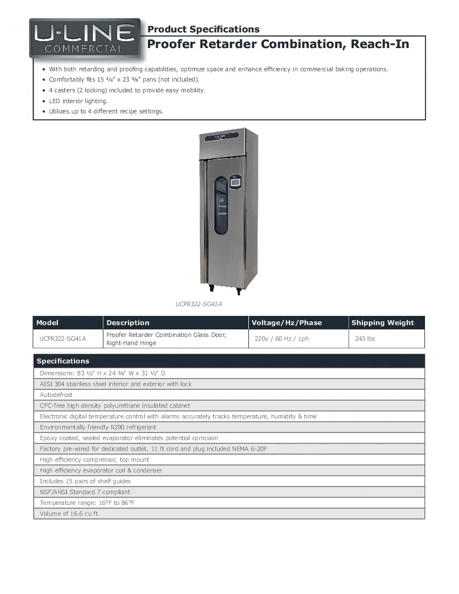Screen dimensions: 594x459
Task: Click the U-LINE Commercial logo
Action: point(85,39)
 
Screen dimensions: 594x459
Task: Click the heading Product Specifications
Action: point(203,29)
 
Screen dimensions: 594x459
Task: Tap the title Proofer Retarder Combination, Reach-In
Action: point(278,44)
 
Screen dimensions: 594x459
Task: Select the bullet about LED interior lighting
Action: point(78,101)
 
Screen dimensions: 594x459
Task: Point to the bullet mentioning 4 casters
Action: point(127,90)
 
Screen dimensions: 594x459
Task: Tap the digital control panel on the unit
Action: point(235,183)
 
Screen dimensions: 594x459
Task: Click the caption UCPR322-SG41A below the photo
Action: point(198,304)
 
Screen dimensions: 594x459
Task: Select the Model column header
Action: point(48,323)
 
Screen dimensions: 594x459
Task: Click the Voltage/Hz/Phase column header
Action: point(287,323)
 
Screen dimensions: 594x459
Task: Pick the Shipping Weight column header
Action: point(382,323)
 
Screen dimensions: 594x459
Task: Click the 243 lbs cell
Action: point(365,339)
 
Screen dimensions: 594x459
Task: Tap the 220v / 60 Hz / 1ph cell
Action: point(281,339)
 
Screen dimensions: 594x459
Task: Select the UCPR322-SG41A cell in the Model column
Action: point(63,339)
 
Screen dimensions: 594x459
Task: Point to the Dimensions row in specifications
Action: point(103,373)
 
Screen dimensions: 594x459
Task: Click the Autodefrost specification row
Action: point(56,395)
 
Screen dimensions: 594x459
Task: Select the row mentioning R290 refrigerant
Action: point(98,427)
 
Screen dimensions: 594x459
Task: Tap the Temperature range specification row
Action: point(87,503)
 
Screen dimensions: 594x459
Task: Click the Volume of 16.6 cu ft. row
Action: point(70,514)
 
